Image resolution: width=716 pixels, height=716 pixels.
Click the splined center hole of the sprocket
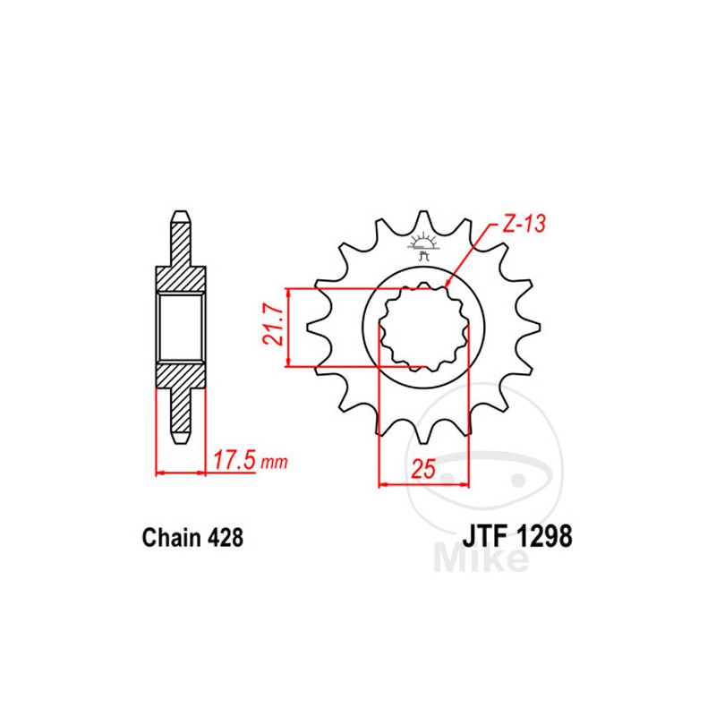click(424, 328)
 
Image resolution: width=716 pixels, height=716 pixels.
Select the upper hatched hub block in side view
click(181, 279)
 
